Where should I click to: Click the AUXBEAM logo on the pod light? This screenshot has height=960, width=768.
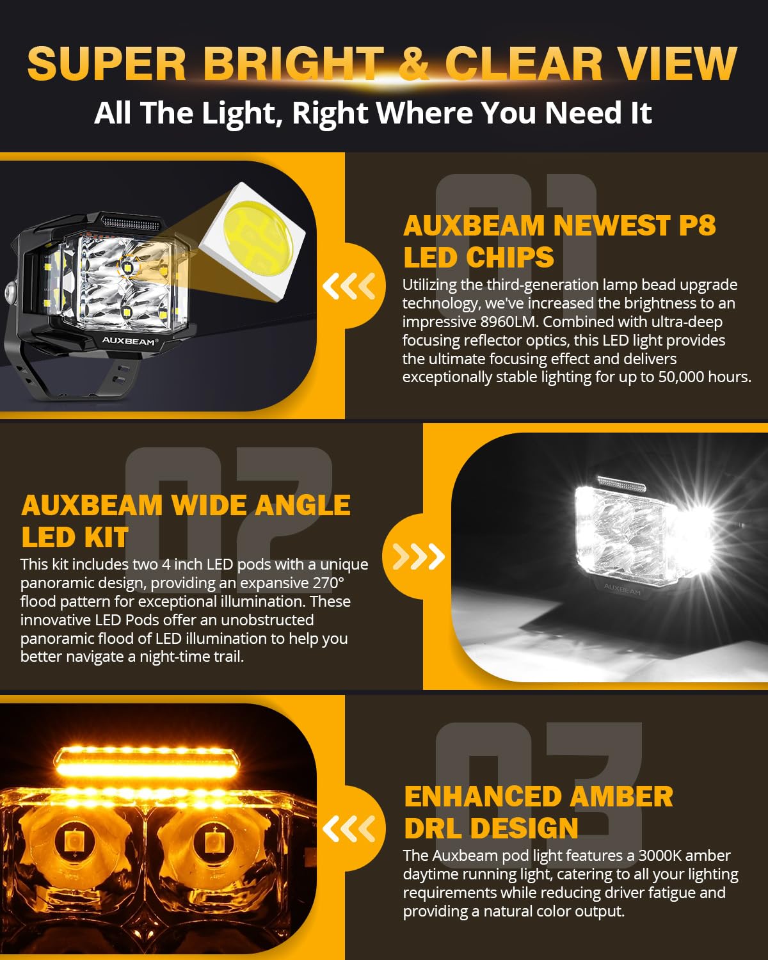(x=128, y=341)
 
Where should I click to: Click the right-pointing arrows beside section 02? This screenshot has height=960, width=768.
(x=419, y=556)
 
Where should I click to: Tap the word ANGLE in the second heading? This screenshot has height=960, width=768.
(x=303, y=506)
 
